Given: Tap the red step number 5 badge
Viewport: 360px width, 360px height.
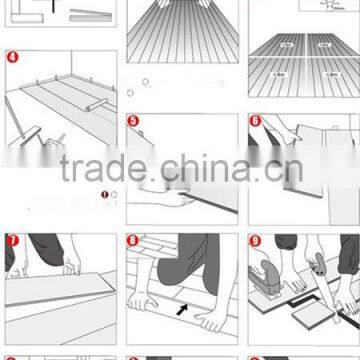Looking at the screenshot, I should pos(134,122).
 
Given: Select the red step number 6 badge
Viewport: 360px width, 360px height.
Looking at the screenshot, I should pos(256,122).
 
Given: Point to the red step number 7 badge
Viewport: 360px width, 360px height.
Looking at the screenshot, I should pos(11,241).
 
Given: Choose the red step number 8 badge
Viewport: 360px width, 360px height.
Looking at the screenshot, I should pos(134,241).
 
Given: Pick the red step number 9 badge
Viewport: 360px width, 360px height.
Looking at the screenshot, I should pos(256,241).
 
